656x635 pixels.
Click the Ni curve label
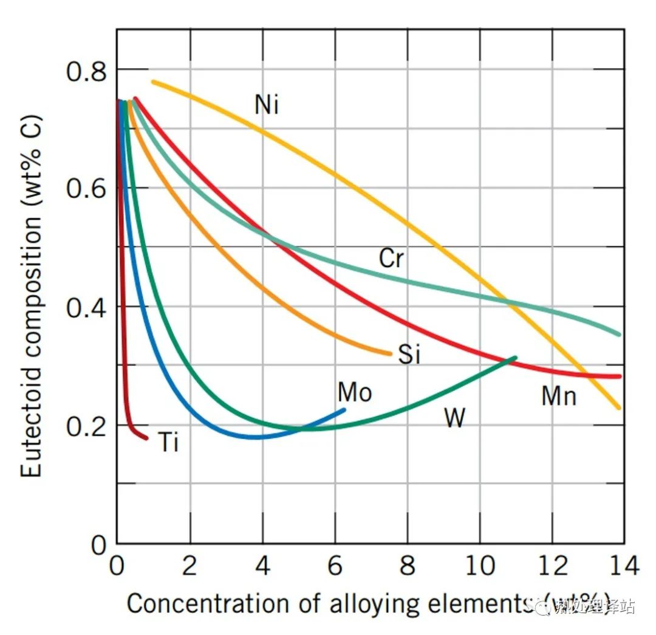coord(267,104)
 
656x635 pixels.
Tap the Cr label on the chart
coord(391,259)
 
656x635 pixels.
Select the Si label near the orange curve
coord(409,354)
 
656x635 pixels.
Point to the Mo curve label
coord(355,393)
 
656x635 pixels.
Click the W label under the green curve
coord(455,418)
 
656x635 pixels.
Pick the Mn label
coord(559,396)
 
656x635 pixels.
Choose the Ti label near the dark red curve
coord(169,443)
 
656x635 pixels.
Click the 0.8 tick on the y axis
coord(86,71)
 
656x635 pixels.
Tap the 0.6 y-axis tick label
coord(86,189)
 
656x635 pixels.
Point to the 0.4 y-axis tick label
coord(86,308)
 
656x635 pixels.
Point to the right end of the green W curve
coord(515,358)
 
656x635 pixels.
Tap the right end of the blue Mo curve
coord(344,410)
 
